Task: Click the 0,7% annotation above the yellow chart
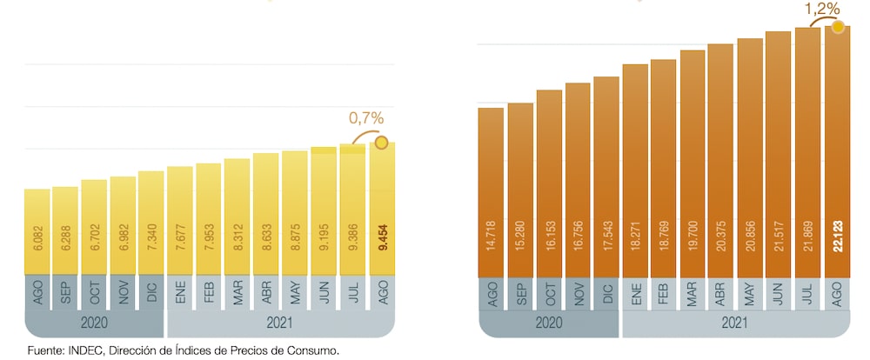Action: [365, 118]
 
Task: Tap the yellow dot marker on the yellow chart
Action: [381, 143]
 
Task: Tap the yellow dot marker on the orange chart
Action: [838, 26]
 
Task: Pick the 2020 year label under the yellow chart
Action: [94, 323]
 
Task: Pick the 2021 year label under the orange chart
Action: [736, 323]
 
